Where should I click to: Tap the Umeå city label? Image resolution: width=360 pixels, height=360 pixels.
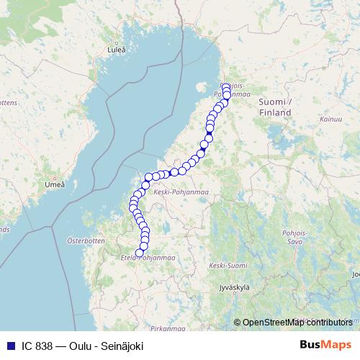coord(54,185)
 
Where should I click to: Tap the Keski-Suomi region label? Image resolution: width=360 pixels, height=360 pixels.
coord(223,266)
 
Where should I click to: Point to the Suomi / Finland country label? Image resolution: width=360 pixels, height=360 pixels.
coord(276,108)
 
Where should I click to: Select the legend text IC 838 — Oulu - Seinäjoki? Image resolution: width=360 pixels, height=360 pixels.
coord(81,346)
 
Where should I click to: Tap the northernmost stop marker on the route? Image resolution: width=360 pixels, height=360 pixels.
coord(226,87)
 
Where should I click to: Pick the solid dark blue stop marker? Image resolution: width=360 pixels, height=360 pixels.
coord(209,137)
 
